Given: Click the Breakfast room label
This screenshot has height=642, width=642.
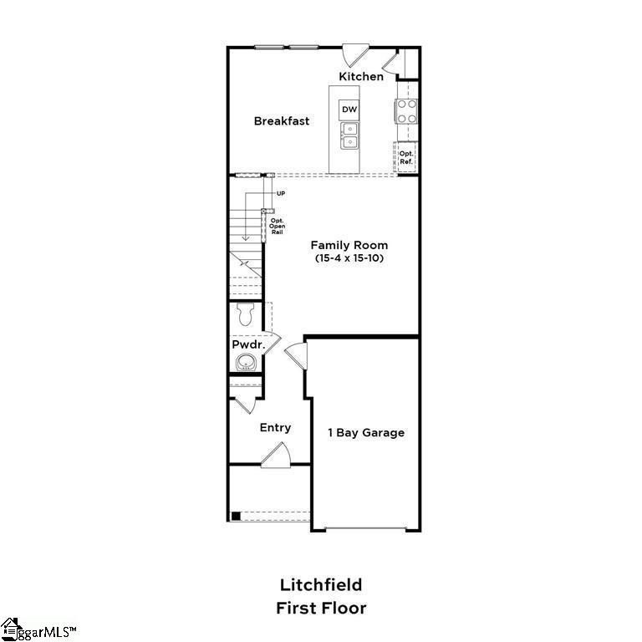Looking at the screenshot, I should pos(282,121).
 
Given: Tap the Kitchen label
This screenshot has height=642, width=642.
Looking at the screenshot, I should pos(361,77).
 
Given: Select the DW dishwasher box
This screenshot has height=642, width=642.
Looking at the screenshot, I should pos(349,110).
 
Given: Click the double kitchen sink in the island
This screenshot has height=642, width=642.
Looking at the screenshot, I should pos(349,135).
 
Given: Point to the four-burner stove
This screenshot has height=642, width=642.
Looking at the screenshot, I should pos(406,111).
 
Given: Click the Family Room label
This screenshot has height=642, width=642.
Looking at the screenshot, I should pos(349,245).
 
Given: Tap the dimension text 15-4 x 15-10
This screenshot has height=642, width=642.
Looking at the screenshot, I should pos(349,258).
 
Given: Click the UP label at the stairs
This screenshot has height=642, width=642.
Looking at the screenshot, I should pos(281,193).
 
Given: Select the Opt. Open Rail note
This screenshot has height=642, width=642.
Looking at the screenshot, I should pos(277,226).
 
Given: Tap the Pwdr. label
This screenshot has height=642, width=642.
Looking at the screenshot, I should pos(248,344).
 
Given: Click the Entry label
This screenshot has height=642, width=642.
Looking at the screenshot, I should pos(275,427).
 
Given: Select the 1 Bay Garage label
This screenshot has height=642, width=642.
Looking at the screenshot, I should pos(365,432).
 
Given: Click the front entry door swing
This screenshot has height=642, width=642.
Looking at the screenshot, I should pos(275,455).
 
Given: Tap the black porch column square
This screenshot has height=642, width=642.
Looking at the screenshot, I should pos(236,516).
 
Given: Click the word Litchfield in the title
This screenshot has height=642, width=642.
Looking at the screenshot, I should pos(321,584).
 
